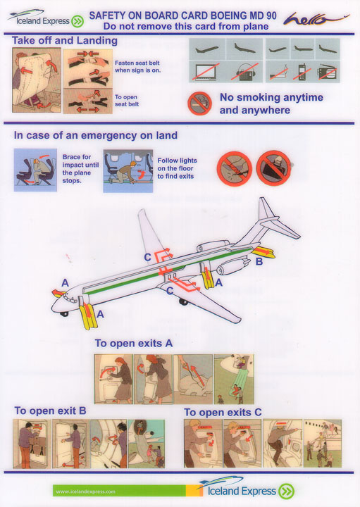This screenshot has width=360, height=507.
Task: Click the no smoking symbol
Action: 199,104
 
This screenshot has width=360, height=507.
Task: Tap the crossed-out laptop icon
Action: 206,71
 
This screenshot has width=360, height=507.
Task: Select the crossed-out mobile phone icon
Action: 302,72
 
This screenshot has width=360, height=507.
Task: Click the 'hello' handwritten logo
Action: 316,19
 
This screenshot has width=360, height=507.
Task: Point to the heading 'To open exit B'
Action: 50,411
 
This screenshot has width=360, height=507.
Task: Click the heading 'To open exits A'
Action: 134,343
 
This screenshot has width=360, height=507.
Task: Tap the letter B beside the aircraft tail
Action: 259,261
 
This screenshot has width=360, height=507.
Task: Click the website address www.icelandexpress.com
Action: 85,492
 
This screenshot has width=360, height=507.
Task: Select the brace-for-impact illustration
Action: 35,170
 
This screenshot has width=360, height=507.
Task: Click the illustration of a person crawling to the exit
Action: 128,170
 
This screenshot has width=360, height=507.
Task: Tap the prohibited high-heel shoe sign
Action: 234,168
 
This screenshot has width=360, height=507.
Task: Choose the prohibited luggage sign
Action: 273,168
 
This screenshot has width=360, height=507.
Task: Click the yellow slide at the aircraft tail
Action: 263,252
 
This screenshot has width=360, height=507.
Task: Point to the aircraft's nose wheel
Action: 64,313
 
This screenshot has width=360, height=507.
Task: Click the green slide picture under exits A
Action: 234,379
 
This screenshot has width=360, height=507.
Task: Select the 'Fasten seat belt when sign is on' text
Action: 137,67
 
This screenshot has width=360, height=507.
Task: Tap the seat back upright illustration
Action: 37,80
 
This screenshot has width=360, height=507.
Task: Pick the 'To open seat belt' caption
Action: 127,101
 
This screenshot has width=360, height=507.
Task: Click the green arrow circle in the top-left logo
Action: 77,22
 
